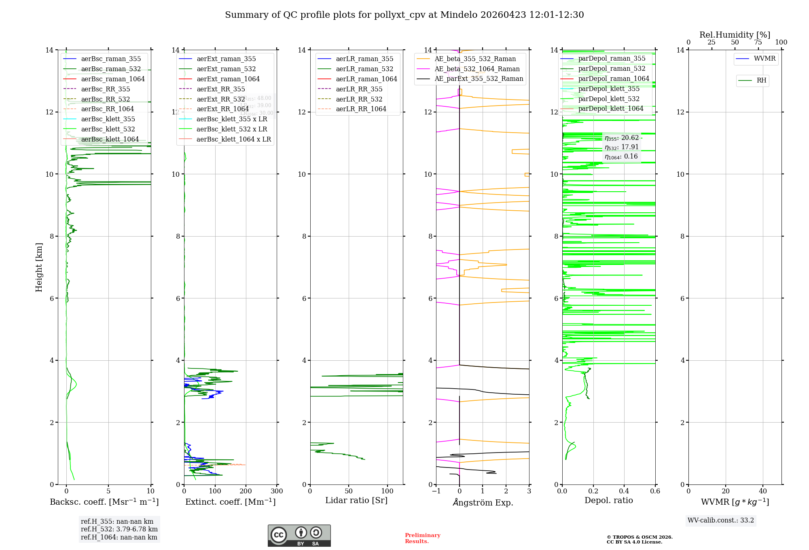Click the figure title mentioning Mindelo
coord(404,15)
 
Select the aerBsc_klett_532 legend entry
coord(108,129)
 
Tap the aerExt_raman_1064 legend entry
coord(228,79)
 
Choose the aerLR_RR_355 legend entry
coord(359,89)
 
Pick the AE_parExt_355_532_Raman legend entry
coord(479,79)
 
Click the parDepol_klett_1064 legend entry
coord(610,109)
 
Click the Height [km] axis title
coord(39,267)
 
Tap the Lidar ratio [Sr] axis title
coord(356,501)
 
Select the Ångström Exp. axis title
coord(483,503)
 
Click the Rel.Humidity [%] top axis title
coord(735,35)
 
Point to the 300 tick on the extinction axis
coord(277,491)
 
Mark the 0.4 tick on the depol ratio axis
coord(624,491)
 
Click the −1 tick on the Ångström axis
coord(436,491)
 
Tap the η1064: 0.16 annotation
coord(621,157)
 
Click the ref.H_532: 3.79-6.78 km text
coord(119,529)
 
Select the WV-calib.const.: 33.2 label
coord(720,520)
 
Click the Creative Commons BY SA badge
coord(299,536)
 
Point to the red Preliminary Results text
coord(422,538)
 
